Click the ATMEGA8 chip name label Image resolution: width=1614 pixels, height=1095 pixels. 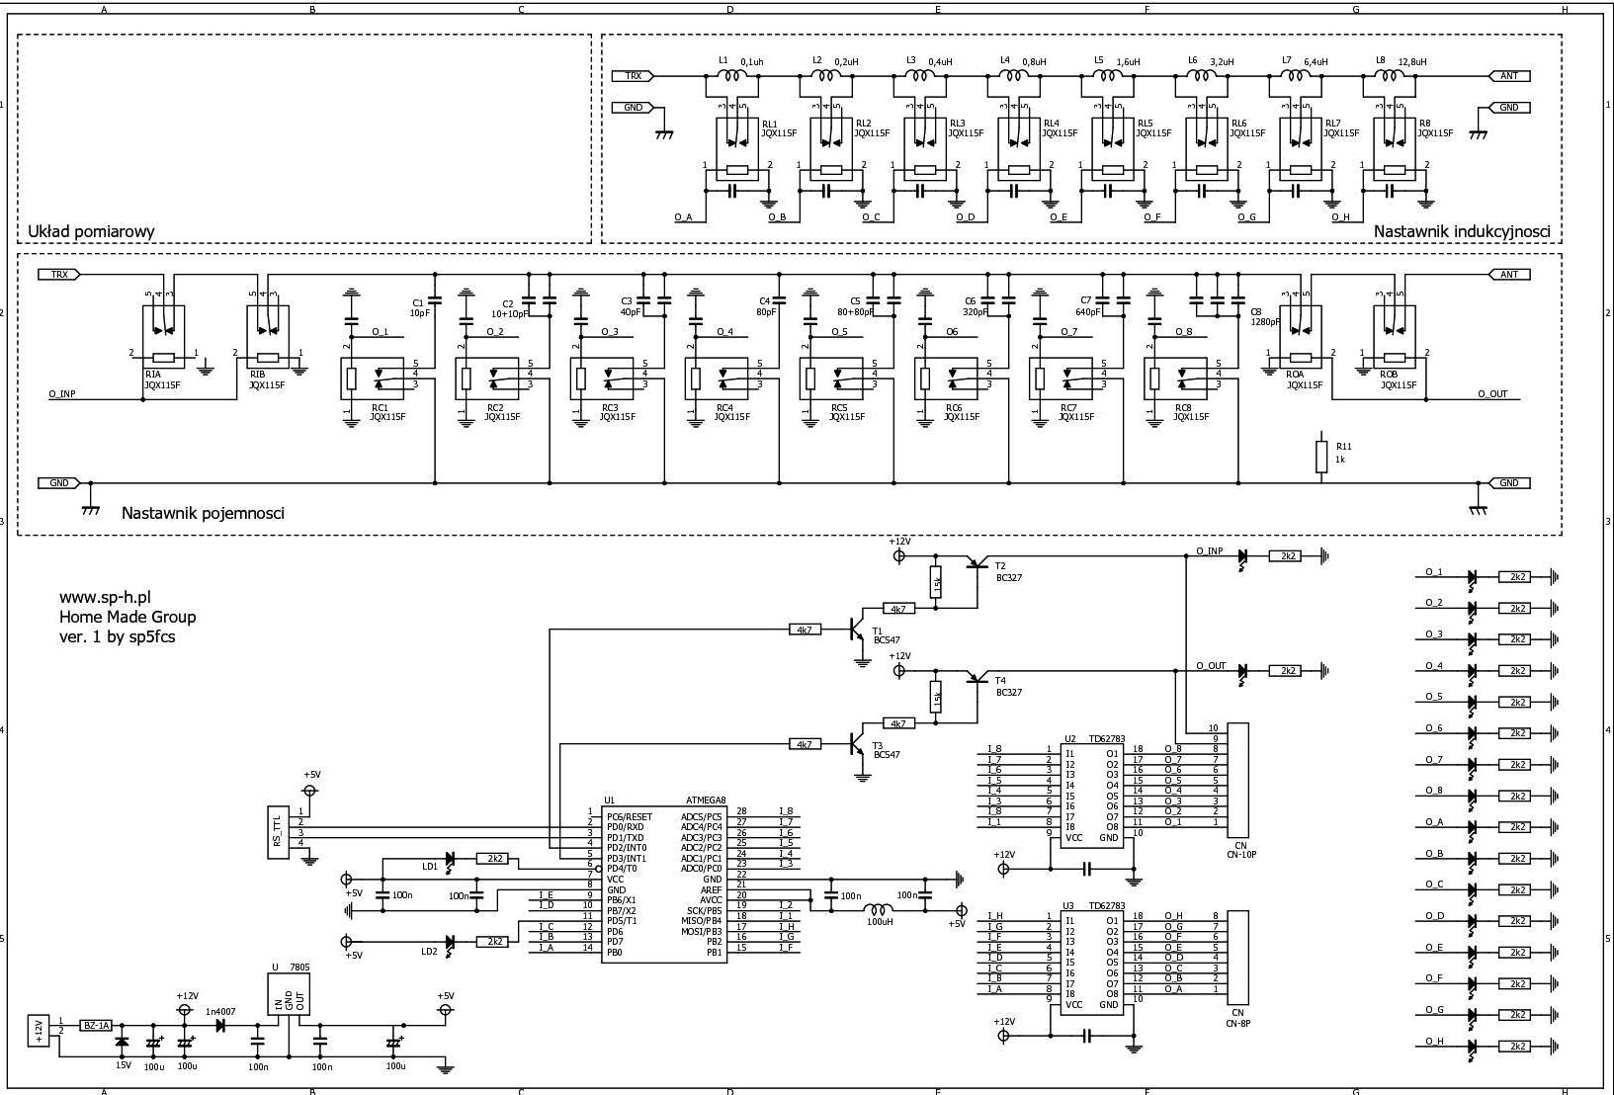tap(706, 800)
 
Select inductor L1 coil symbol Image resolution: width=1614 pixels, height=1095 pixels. tap(730, 75)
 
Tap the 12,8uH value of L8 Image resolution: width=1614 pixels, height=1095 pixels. tap(1412, 61)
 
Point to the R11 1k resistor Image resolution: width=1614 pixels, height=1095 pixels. tap(1321, 456)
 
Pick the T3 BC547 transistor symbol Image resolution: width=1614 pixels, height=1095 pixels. tap(856, 744)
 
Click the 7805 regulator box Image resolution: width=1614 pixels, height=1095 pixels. tap(288, 999)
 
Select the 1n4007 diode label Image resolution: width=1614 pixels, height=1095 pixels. tap(220, 1012)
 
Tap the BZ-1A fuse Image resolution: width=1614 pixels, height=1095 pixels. tap(96, 1026)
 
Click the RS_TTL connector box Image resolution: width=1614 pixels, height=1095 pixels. tap(278, 832)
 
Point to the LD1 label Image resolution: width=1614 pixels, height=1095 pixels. tap(430, 867)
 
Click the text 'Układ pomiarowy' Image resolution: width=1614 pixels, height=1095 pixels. tap(91, 231)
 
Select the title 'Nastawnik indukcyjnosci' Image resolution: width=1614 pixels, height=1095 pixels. tap(1462, 231)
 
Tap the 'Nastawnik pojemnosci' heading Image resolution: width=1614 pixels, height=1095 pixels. tap(203, 513)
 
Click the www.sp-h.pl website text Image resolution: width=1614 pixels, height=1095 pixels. tap(105, 597)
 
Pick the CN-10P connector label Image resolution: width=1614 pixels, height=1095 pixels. tap(1240, 854)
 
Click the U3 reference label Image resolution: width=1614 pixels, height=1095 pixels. tap(1068, 905)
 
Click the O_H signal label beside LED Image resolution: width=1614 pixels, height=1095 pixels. tap(1434, 1042)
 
